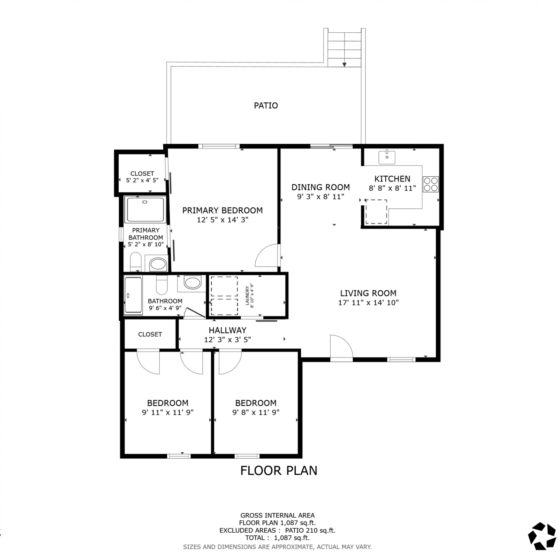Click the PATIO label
(266, 106)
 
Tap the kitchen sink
(387, 157)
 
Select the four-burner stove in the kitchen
(431, 184)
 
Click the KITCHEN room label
(392, 179)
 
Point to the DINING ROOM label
(321, 187)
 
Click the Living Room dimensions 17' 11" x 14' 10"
(368, 302)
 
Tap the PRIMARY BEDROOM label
(222, 211)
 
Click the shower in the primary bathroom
(145, 209)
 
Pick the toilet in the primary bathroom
(136, 262)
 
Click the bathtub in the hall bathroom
(133, 295)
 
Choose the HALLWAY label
(227, 330)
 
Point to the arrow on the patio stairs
(344, 65)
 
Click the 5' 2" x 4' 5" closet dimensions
(142, 180)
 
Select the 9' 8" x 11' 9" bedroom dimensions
(256, 412)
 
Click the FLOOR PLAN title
(279, 471)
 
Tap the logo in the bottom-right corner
(542, 536)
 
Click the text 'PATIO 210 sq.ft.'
(310, 530)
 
